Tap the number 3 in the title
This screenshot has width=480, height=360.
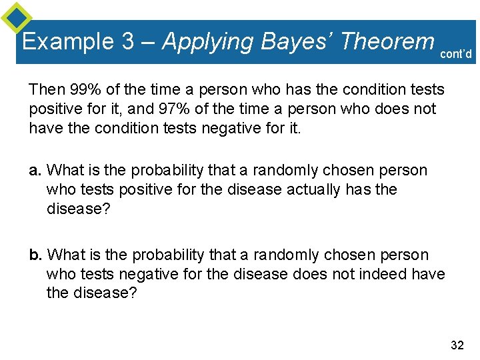[x=128, y=42]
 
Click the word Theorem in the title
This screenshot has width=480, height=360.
[x=387, y=42]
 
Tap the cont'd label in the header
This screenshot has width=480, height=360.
[x=457, y=54]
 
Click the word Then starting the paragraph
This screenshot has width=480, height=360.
[x=45, y=89]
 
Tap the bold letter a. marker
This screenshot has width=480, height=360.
[x=36, y=171]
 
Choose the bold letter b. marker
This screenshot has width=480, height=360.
[x=36, y=255]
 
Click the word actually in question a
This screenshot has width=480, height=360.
[x=313, y=190]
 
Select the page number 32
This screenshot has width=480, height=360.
[x=457, y=345]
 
